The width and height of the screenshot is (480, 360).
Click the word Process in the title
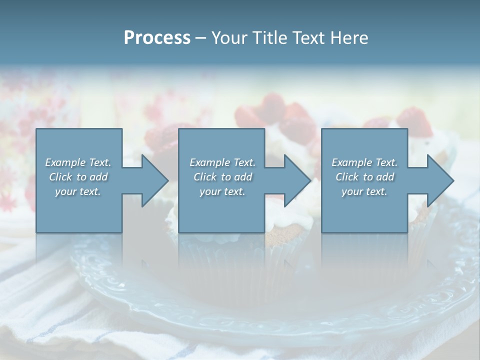click(157, 38)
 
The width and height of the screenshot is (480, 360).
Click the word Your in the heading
click(229, 38)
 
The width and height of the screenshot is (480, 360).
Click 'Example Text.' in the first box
click(78, 162)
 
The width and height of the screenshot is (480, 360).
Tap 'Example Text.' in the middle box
click(222, 162)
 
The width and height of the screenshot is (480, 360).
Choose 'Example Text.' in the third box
click(364, 162)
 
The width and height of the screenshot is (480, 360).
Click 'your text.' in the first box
click(78, 191)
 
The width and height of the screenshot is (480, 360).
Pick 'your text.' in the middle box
click(222, 191)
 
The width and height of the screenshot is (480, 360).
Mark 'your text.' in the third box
click(364, 191)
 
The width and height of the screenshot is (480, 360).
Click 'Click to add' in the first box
click(78, 177)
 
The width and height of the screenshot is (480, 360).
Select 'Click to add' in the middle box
click(222, 177)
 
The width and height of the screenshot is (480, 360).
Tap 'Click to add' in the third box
click(364, 177)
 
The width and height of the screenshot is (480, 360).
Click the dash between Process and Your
click(200, 38)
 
